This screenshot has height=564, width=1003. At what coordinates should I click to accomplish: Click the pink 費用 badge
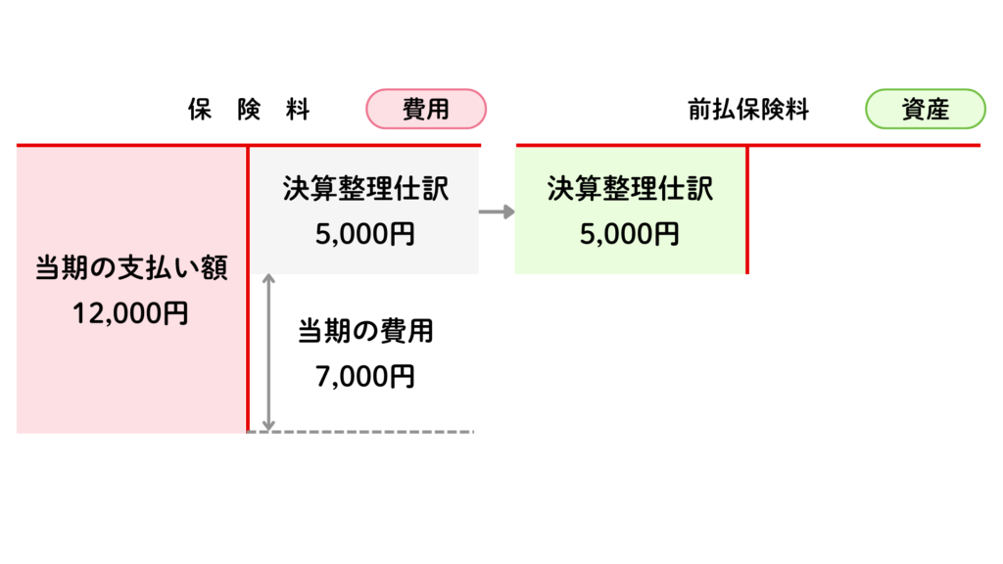425,110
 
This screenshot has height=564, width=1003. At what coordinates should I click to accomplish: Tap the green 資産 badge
925,110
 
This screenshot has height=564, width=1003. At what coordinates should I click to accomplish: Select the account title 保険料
249,110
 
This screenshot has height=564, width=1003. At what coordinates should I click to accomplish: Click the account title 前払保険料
748,110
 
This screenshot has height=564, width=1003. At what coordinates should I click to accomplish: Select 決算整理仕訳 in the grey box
365,189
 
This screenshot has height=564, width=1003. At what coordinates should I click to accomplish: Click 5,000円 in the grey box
365,234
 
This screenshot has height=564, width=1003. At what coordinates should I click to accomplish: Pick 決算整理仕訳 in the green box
630,189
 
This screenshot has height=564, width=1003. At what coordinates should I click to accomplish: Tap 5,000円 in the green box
630,234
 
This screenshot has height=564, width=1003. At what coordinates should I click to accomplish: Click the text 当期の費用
365,331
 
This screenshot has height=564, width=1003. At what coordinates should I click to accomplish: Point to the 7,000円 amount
365,376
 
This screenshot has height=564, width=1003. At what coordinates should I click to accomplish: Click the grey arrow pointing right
497,211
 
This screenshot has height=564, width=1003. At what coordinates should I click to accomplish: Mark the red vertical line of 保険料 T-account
248,294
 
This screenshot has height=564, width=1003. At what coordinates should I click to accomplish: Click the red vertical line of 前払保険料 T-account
747,211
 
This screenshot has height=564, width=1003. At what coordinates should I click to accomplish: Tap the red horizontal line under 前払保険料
862,146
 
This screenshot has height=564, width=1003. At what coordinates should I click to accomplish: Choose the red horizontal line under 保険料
127,146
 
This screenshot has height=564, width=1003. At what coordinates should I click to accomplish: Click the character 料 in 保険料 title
298,110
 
